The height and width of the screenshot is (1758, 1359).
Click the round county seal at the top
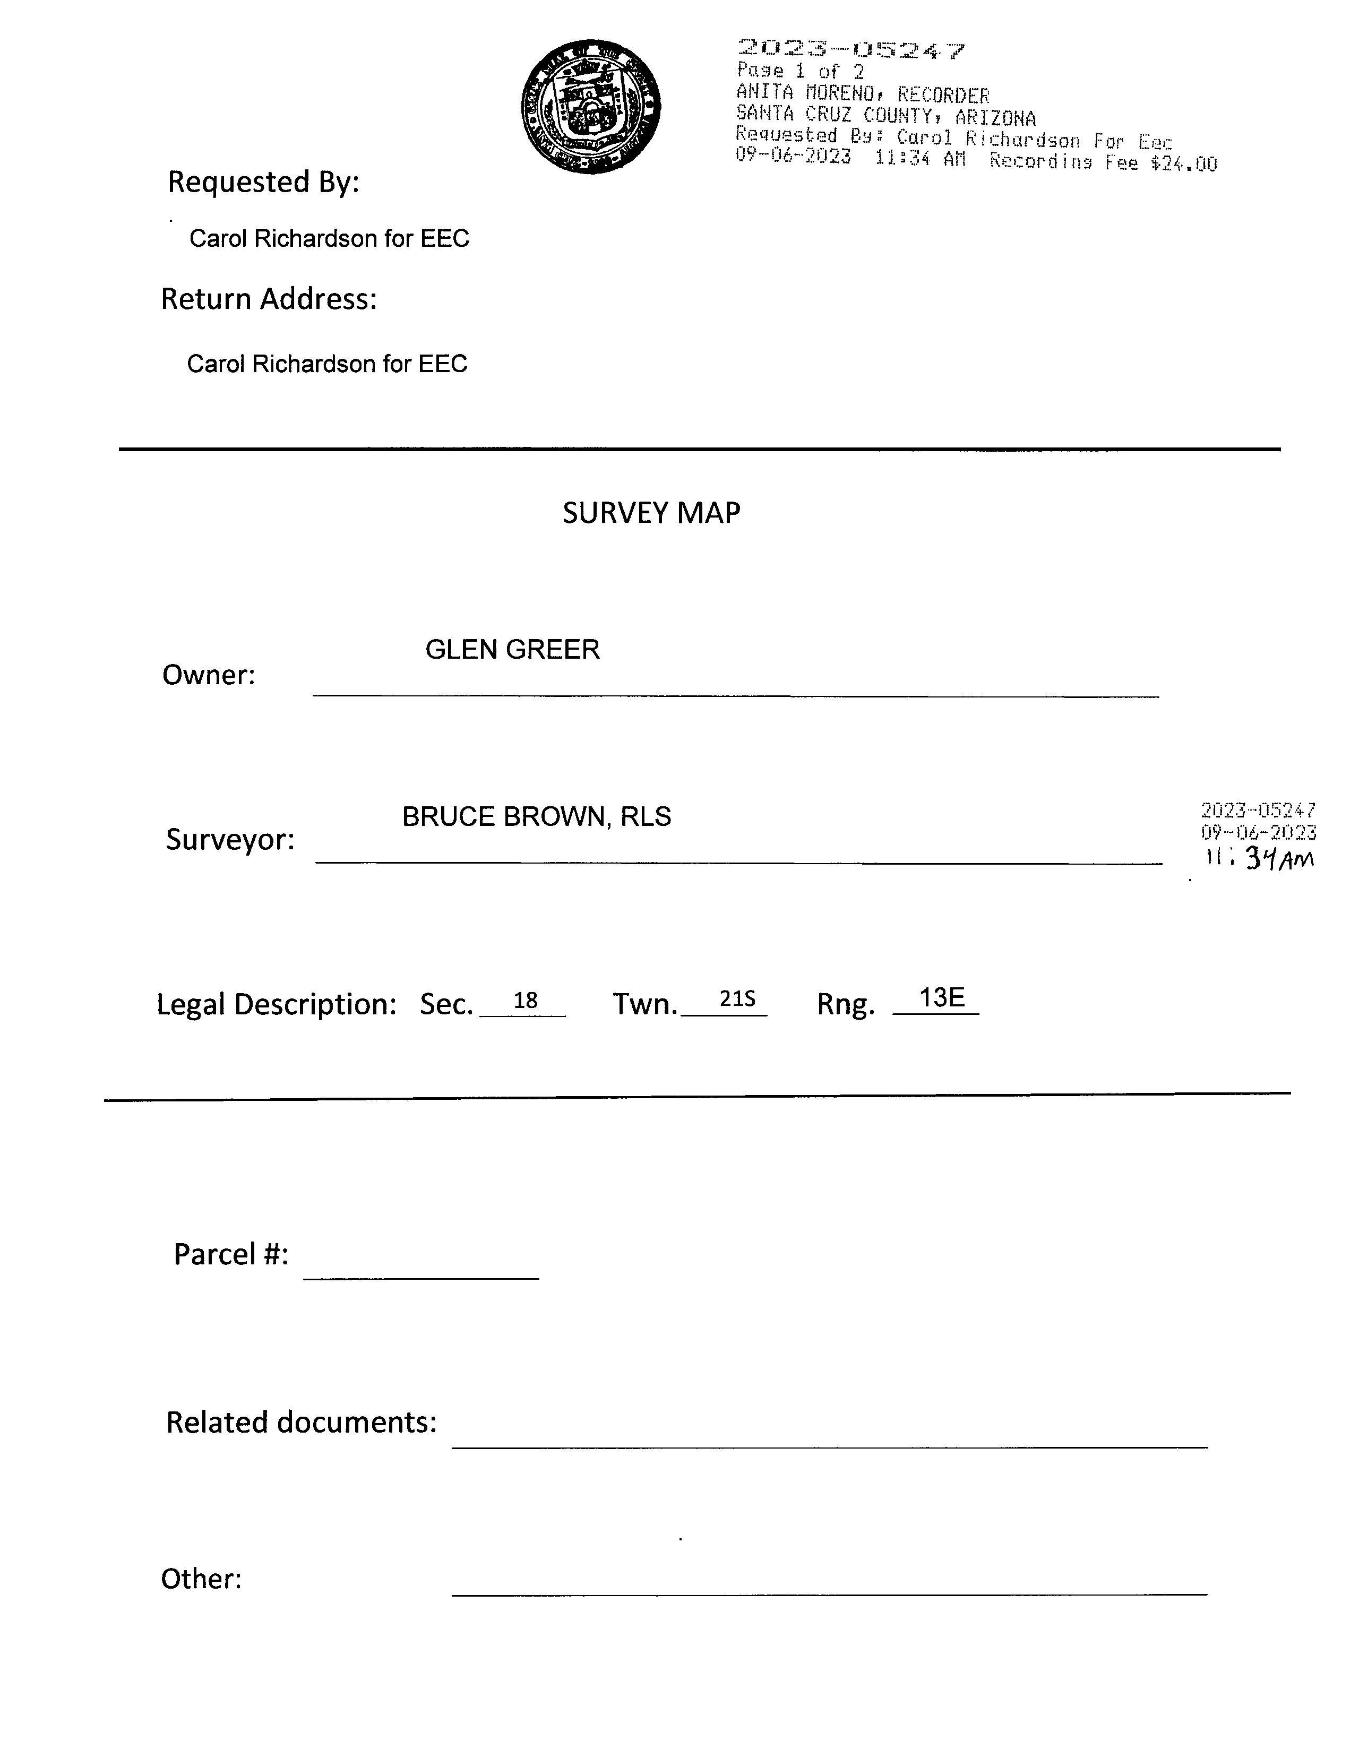591,106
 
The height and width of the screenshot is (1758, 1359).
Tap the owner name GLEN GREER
512,650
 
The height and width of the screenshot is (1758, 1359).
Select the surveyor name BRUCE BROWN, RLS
536,817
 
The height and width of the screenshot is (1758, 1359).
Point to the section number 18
525,1001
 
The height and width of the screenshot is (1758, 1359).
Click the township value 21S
737,999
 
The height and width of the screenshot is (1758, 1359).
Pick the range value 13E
941,998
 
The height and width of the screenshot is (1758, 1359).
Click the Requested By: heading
262,183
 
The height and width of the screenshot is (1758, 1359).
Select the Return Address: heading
269,299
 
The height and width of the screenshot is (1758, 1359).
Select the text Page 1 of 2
800,72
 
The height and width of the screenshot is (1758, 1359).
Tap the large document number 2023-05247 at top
850,51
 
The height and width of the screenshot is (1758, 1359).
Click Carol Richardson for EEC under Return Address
327,364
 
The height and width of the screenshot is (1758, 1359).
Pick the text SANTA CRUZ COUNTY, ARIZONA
885,117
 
